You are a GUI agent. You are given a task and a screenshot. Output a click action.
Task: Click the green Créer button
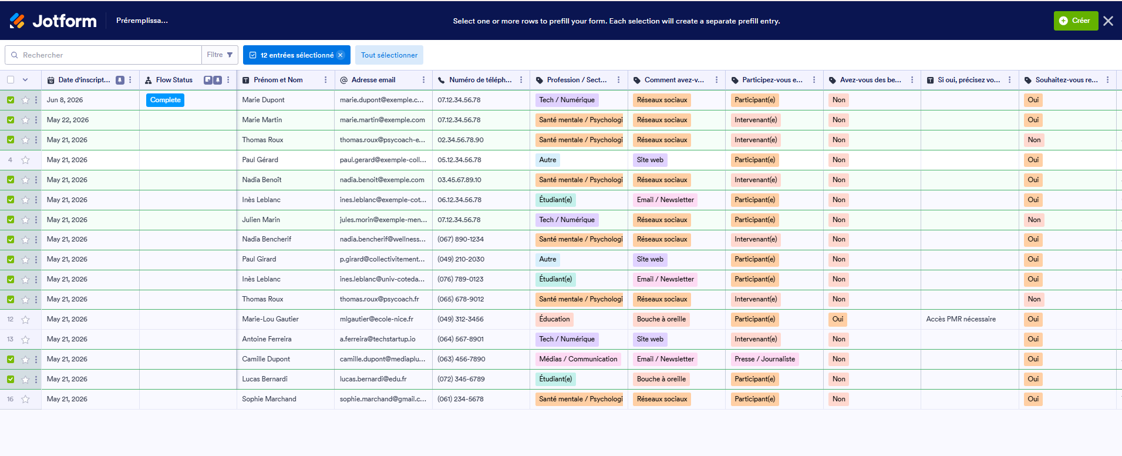(1076, 21)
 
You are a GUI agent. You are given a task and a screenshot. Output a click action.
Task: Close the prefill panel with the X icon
(1108, 21)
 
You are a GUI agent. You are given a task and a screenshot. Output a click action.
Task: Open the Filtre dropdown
(220, 55)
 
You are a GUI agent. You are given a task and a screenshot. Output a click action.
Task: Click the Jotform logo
(53, 21)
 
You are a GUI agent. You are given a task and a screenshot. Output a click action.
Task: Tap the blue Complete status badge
(165, 100)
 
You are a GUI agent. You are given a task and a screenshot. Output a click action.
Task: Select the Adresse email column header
(373, 80)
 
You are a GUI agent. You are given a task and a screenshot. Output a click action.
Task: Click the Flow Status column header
(174, 80)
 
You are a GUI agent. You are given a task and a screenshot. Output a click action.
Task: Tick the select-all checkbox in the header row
(11, 80)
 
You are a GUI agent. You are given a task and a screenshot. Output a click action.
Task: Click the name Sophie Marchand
(269, 399)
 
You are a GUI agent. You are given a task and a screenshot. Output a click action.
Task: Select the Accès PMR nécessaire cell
(961, 319)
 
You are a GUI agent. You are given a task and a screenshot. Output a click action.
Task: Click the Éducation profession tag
(554, 319)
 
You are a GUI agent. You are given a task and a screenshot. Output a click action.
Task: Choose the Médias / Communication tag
(578, 359)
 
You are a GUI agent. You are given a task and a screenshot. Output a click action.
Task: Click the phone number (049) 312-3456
(460, 319)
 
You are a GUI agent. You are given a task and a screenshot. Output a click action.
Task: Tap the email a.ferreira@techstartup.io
(378, 339)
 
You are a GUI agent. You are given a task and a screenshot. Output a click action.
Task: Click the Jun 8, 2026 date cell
(65, 100)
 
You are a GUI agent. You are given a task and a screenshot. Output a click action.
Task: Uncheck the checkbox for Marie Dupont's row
(11, 100)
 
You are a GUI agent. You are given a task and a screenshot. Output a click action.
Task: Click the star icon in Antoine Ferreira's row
(25, 340)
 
